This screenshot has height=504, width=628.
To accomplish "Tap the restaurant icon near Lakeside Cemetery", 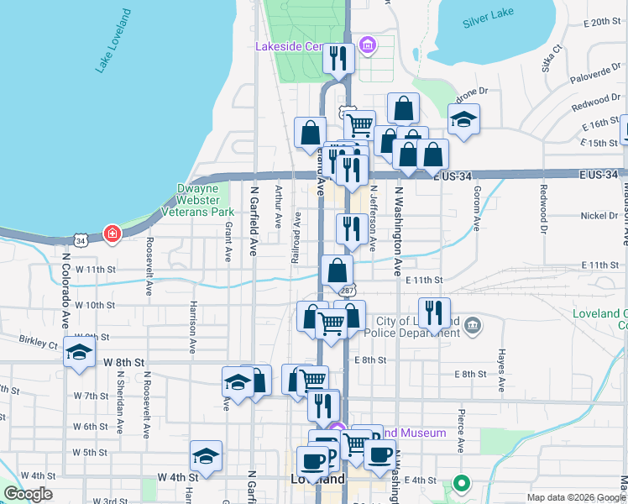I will [x=338, y=59].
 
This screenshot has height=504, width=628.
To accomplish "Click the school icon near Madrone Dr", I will [x=463, y=119].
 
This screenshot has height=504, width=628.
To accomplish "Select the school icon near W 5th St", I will [x=206, y=456].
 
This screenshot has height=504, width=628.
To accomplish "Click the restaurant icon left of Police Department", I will [x=433, y=313].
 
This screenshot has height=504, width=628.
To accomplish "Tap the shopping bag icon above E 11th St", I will [x=337, y=271].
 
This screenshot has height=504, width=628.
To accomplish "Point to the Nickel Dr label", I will [x=598, y=216].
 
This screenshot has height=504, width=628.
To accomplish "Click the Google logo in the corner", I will [x=27, y=494].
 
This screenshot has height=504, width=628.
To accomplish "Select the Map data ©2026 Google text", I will [x=576, y=497].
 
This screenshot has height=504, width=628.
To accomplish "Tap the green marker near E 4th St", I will [x=460, y=484].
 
